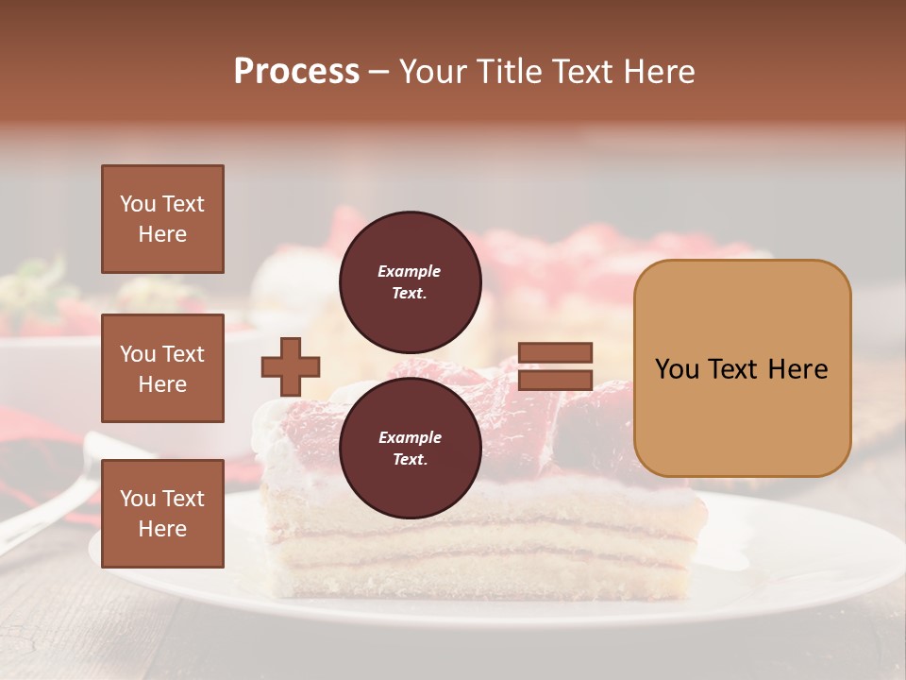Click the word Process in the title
296,72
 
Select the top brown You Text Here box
162,219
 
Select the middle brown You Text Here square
162,368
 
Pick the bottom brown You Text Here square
162,514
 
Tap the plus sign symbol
291,366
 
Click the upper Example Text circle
411,281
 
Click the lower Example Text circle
411,448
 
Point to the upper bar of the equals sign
555,353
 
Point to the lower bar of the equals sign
555,381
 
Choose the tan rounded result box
742,368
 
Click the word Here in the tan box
797,369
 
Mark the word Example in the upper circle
410,271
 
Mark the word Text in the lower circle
410,460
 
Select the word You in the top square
138,204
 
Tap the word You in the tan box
678,369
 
